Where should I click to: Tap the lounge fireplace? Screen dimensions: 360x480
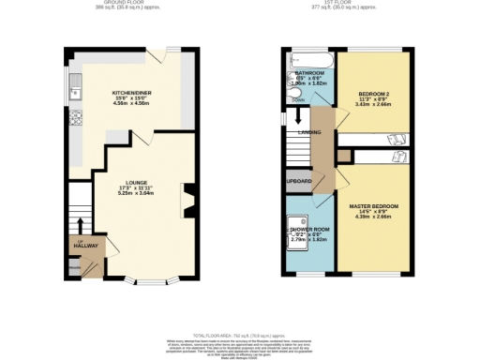click(x=187, y=200)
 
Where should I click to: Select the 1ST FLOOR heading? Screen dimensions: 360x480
click(x=346, y=3)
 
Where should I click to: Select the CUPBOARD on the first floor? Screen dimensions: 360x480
click(x=298, y=181)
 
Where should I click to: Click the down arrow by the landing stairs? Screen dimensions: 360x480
click(x=298, y=117)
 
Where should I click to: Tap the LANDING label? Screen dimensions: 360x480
click(x=310, y=132)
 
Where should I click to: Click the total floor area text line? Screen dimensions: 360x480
click(x=240, y=334)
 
